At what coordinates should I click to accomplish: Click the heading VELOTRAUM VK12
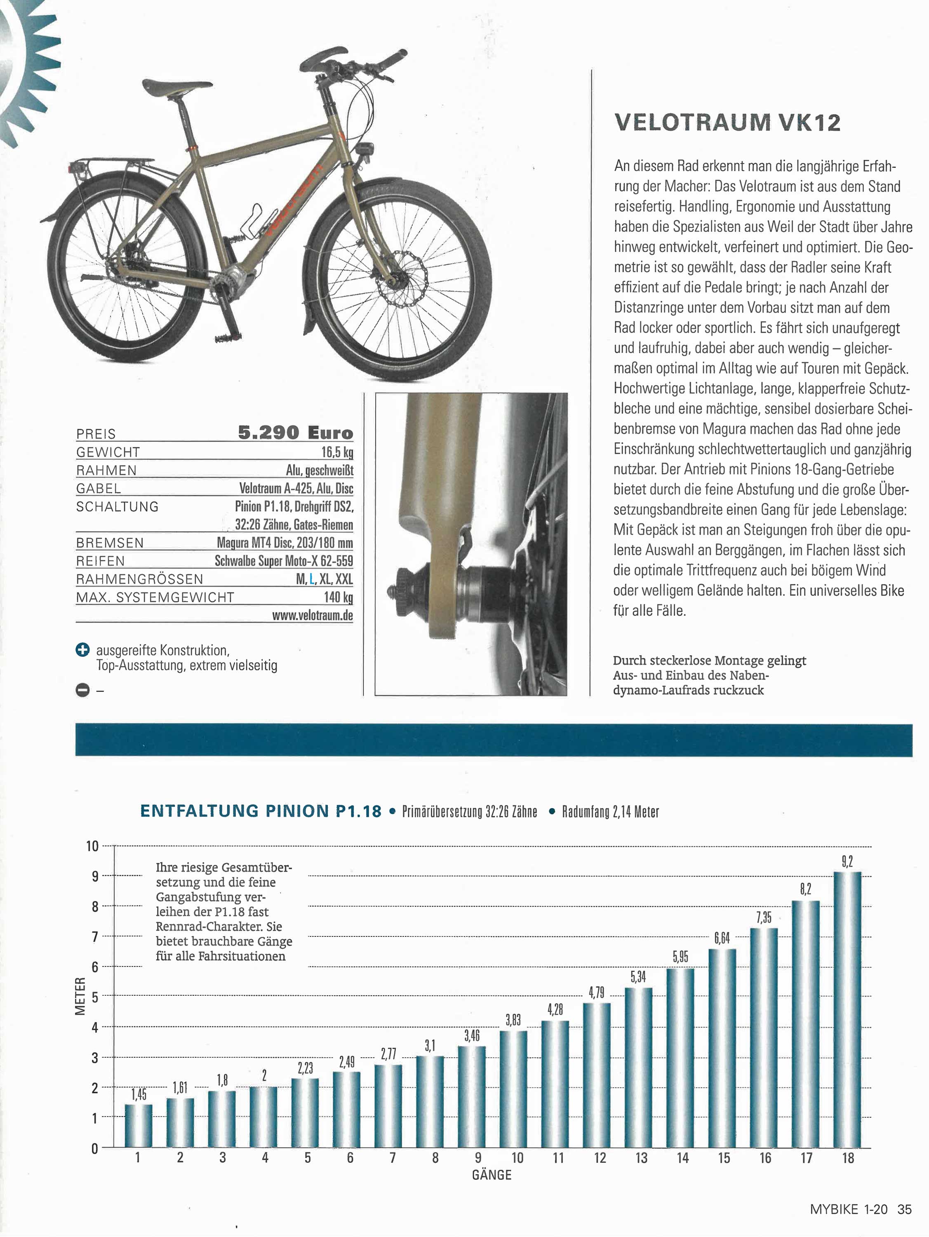[727, 122]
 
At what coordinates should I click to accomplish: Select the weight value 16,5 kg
[337, 452]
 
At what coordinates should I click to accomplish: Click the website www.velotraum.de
[312, 615]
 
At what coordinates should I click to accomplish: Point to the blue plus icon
[82, 650]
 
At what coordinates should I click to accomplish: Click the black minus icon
[82, 691]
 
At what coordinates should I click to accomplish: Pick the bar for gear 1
[138, 1125]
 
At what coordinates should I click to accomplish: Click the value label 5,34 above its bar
[638, 977]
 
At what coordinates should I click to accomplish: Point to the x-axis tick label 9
[477, 1157]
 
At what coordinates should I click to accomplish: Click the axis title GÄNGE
[492, 1175]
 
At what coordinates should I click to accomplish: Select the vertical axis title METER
[80, 996]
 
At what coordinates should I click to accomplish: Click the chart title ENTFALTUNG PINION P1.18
[261, 811]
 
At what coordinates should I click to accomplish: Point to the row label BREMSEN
[110, 543]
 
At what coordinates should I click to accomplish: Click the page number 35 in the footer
[904, 1209]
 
